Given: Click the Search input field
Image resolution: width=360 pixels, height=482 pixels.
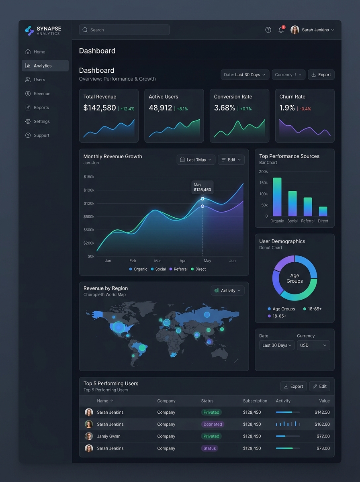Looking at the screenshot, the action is click(124, 30).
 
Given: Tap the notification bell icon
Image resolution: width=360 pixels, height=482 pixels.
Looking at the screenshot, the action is click(281, 30).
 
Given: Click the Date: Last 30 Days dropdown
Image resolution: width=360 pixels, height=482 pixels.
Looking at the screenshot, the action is click(245, 75).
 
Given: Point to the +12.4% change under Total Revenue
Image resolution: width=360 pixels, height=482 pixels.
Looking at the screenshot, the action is click(127, 109).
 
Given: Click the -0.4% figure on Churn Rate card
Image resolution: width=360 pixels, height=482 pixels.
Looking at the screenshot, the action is click(305, 109).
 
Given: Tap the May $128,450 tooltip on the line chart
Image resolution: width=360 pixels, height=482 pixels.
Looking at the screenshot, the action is click(202, 187).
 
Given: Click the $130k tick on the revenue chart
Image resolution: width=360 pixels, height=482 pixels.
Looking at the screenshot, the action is click(89, 190).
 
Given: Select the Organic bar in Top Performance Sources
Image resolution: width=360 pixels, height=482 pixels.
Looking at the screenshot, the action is click(277, 197).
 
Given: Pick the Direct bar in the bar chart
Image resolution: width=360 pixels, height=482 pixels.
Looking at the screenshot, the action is click(323, 211).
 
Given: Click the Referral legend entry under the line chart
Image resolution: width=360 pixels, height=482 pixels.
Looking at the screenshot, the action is click(178, 269).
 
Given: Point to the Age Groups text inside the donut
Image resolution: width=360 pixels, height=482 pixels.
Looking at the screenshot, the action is click(295, 278).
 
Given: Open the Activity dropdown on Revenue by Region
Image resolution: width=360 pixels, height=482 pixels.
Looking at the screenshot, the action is click(227, 290).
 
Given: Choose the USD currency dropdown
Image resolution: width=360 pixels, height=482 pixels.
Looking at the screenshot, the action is click(313, 345).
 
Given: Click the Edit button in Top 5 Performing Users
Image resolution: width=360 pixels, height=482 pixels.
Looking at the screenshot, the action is click(319, 386).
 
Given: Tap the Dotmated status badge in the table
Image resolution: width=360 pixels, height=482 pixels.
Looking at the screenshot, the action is click(213, 424).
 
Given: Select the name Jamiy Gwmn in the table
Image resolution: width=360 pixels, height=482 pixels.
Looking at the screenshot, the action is click(109, 436).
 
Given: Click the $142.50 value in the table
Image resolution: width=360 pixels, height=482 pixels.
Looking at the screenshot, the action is click(322, 413).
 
